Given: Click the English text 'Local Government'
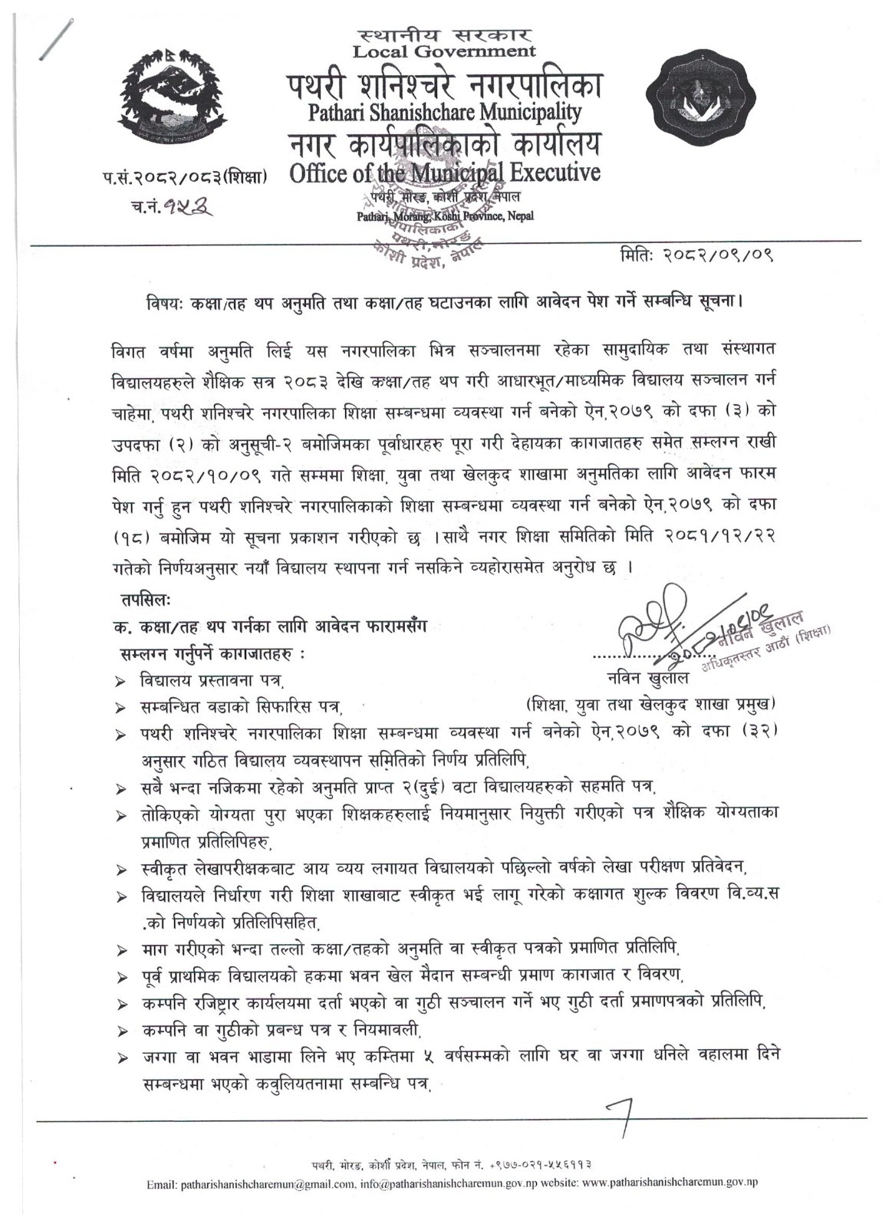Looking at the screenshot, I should pos(444,52).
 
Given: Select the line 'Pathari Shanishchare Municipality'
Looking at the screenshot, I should pos(445,113).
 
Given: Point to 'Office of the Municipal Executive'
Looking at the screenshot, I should pos(445,173).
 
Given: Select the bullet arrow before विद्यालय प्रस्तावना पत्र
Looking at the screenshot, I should pos(120,680).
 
